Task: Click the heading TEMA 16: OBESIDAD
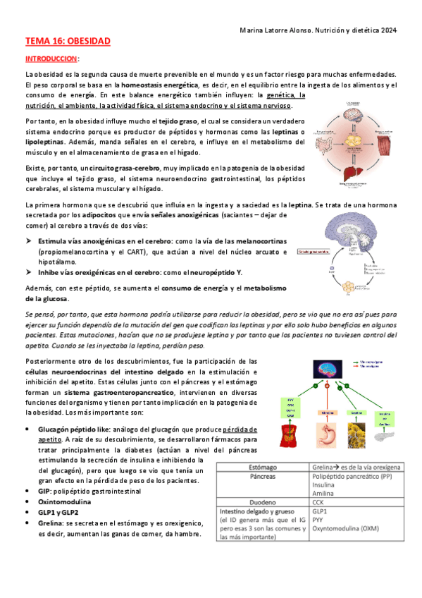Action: tap(68, 42)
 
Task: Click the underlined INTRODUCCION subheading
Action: tap(52, 59)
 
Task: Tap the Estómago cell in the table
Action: tap(262, 467)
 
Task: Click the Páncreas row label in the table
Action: tap(262, 477)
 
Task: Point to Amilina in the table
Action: tap(324, 495)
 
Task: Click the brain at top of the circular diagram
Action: tap(352, 112)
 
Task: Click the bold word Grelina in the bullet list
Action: tap(50, 524)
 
